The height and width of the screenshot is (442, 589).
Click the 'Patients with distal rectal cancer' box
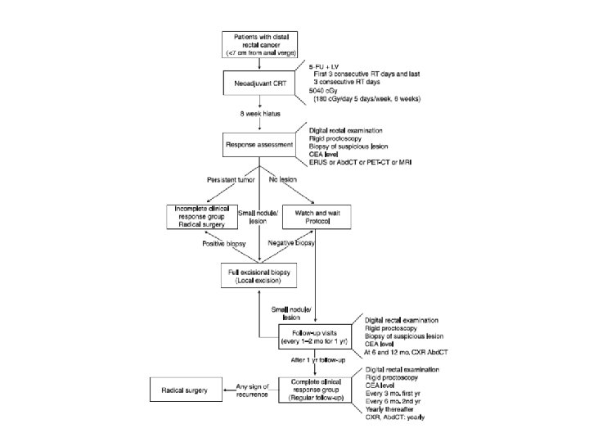(x=259, y=44)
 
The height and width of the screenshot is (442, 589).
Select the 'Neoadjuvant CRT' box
(x=259, y=82)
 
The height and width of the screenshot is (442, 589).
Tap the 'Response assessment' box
(x=259, y=147)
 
